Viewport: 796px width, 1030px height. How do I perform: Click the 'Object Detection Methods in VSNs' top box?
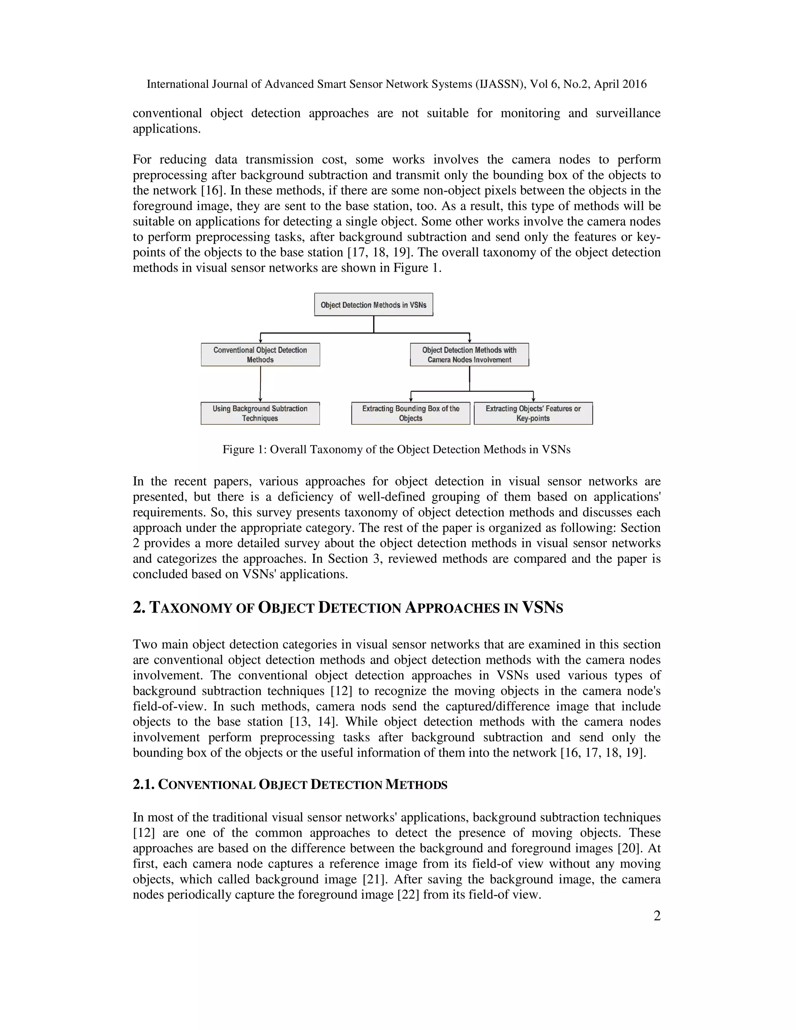[374, 305]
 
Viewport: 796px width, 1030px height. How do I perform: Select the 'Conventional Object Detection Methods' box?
[260, 354]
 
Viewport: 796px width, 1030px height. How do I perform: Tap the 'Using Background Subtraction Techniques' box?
[260, 413]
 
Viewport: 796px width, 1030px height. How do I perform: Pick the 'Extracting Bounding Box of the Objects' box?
[411, 413]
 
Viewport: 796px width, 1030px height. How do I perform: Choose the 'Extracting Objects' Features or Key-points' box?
[533, 413]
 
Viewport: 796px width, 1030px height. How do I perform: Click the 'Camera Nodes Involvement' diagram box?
[469, 354]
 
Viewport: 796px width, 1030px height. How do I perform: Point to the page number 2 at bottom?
[657, 915]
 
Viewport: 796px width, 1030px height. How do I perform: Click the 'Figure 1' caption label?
[244, 449]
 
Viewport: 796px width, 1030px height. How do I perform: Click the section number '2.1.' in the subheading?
[143, 785]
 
